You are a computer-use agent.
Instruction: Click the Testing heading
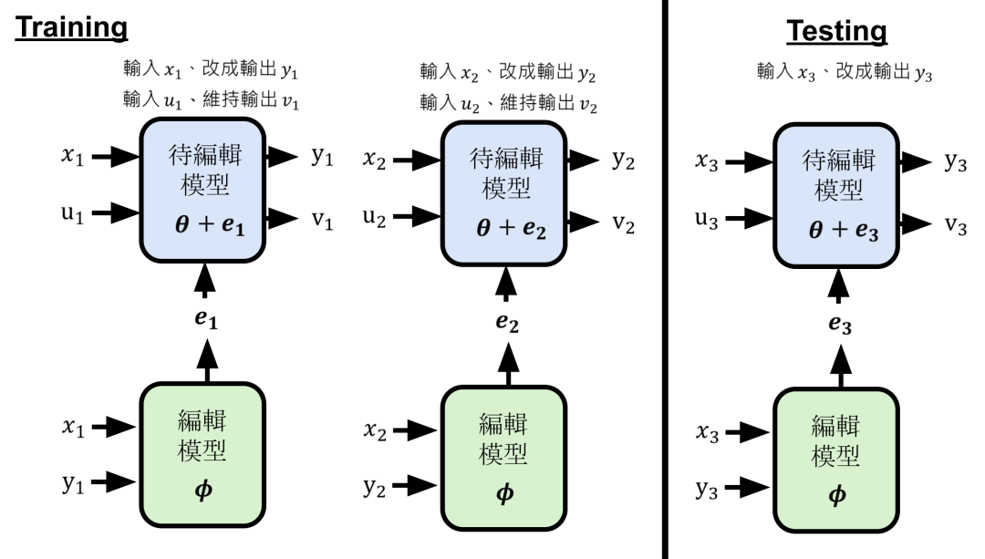836,31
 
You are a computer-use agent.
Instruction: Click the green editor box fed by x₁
202,450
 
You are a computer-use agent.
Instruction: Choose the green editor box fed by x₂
503,452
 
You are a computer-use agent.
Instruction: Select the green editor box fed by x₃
836,453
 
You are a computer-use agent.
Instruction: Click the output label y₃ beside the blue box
954,161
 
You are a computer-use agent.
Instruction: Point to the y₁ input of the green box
75,481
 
